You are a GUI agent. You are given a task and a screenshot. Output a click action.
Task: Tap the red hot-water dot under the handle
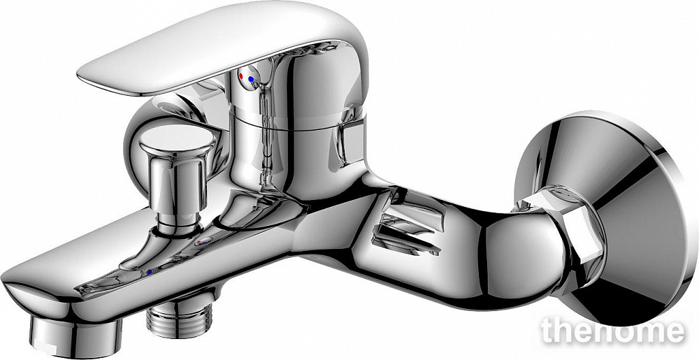coord(241,76)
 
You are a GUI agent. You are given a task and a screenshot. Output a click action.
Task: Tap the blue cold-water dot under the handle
coord(252,79)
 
